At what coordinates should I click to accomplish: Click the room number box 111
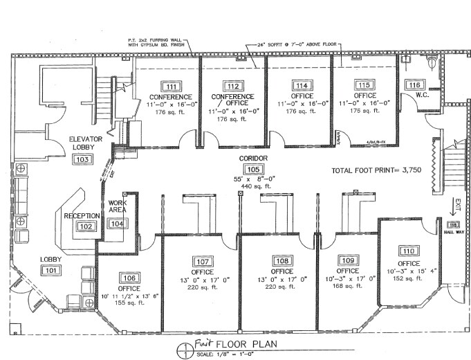[169, 87]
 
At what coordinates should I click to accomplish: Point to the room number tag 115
[364, 86]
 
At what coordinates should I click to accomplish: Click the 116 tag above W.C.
[414, 85]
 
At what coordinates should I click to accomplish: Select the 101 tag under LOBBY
[50, 271]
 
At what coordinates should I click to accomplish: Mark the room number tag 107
[203, 262]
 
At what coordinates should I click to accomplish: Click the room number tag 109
[347, 260]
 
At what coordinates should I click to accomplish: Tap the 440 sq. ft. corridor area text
[253, 187]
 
